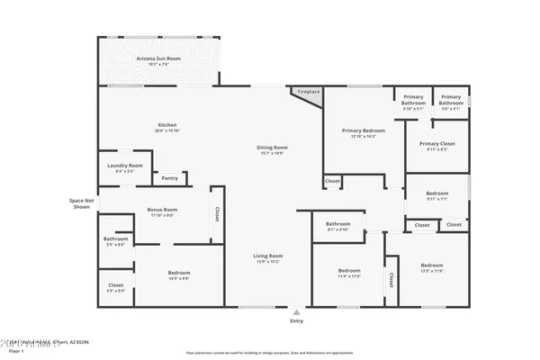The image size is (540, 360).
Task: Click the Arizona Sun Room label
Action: tap(158, 60)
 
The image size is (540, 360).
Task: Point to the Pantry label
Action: tap(169, 178)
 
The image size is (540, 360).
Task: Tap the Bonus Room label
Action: tap(162, 211)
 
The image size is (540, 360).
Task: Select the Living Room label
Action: tap(268, 258)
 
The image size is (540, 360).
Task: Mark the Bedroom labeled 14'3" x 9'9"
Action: tap(178, 274)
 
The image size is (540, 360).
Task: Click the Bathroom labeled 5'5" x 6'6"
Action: tap(115, 241)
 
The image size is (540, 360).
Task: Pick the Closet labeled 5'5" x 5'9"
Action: tap(115, 287)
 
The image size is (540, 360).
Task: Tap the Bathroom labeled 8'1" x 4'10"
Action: tap(338, 226)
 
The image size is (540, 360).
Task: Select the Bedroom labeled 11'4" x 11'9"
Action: tap(349, 273)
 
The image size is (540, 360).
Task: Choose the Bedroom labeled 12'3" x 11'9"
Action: tap(432, 267)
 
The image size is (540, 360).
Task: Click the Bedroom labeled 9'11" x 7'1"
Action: tap(437, 196)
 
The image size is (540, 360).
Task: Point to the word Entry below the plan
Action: tap(296, 320)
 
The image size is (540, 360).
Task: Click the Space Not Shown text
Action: tap(81, 202)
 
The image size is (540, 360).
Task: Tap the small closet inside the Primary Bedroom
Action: tap(332, 182)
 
